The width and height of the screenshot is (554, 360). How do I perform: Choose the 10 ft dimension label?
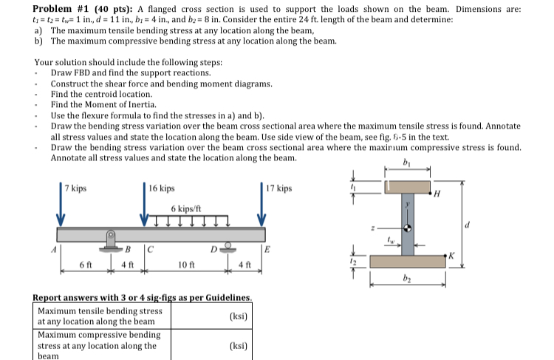[x=187, y=264]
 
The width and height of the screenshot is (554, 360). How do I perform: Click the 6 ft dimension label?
[x=86, y=264]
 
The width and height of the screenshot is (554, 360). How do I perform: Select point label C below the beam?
[x=151, y=248]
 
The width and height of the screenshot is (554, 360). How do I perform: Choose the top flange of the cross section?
[x=408, y=188]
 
